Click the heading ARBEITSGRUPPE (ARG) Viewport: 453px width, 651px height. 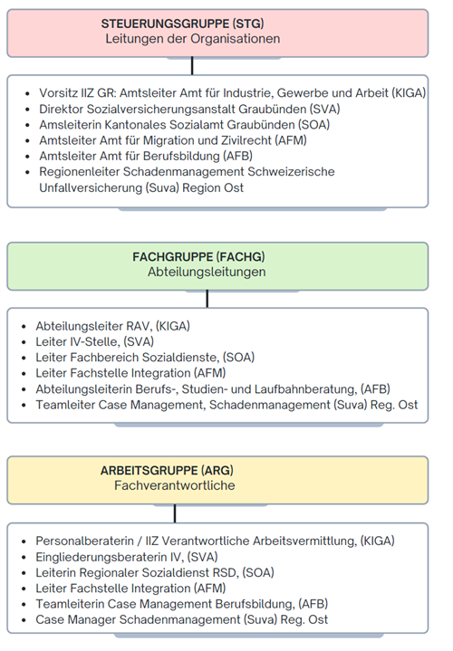pyautogui.click(x=166, y=471)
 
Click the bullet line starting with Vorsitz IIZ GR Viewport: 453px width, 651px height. pyautogui.click(x=232, y=93)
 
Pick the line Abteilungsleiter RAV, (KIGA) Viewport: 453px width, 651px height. pyautogui.click(x=113, y=323)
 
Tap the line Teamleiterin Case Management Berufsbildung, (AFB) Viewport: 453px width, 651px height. pyautogui.click(x=181, y=604)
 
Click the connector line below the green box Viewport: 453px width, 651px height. pyautogui.click(x=207, y=298)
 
